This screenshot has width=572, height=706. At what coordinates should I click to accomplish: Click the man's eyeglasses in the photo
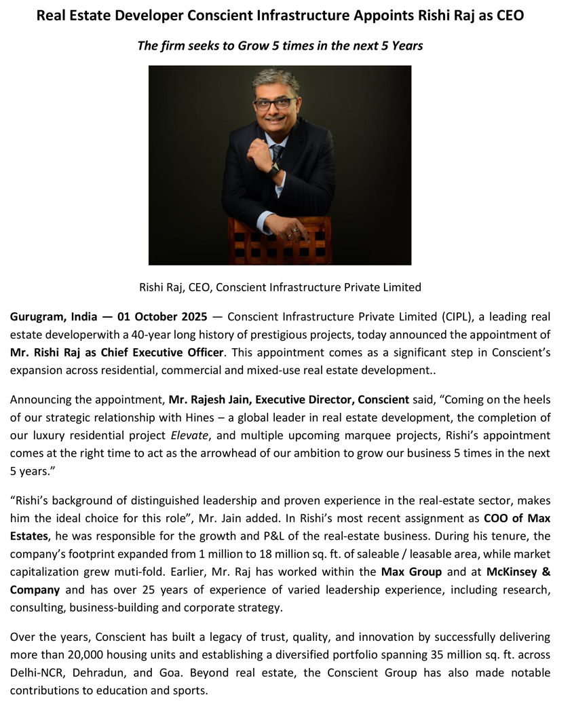click(274, 104)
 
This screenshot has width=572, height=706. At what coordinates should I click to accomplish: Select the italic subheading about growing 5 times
click(280, 45)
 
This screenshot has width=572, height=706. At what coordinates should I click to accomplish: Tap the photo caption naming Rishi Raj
click(280, 287)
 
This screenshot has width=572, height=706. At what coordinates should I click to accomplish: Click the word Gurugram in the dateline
click(37, 317)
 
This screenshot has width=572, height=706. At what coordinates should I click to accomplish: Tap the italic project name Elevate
click(189, 434)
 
